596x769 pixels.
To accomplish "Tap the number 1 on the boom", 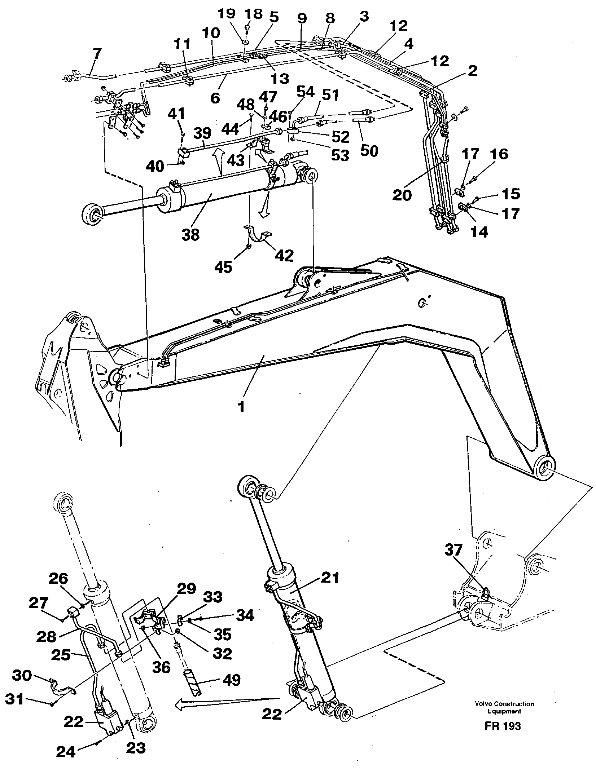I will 241,407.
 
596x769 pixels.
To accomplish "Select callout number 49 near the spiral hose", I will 231,680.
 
